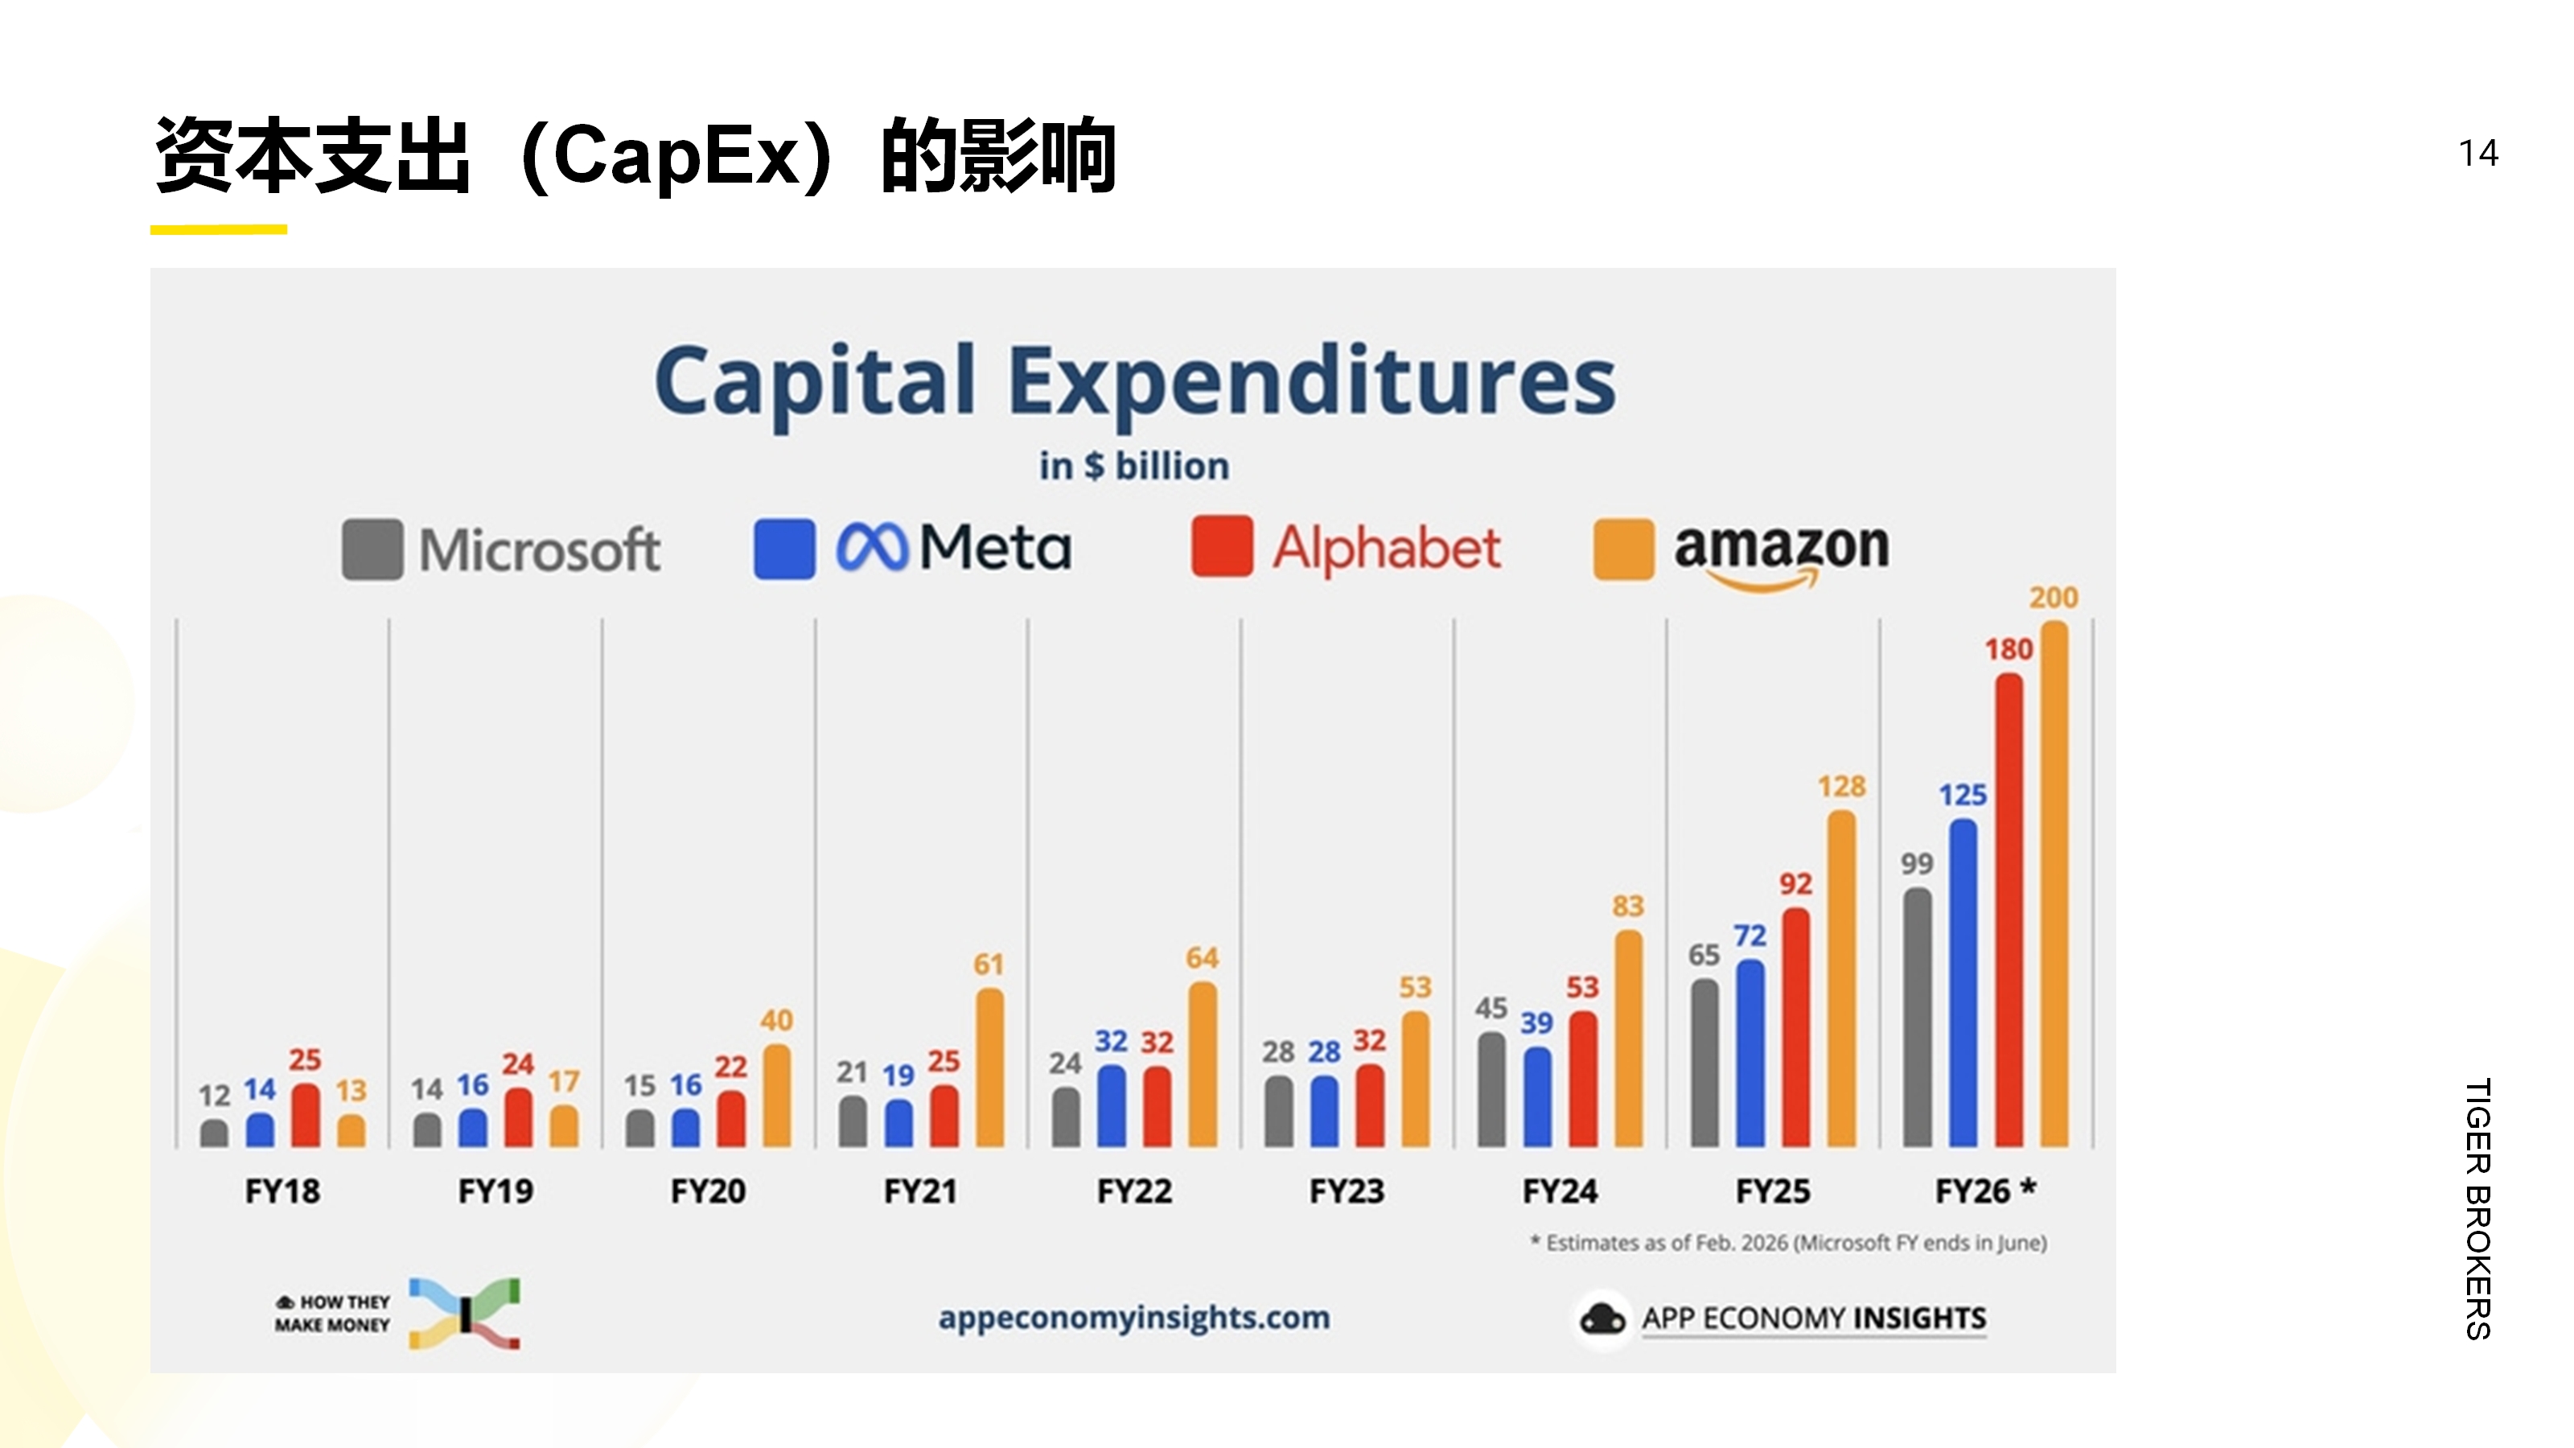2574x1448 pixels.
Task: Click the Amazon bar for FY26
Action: [2054, 884]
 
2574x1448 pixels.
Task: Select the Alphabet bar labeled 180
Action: [2009, 909]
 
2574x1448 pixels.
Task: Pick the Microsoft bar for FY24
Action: [1491, 1089]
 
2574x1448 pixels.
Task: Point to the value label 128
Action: [1840, 787]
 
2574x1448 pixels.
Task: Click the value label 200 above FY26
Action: [2054, 598]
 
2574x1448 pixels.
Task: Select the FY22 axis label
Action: [1134, 1191]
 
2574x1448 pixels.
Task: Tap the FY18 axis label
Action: [283, 1191]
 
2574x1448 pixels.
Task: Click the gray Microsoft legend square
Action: [372, 549]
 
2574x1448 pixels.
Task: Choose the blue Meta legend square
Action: [784, 549]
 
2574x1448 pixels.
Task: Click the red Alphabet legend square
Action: [1221, 547]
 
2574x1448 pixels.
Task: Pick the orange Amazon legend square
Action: [1622, 549]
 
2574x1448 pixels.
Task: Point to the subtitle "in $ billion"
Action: [1134, 466]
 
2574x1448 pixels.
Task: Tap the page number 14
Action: [2478, 154]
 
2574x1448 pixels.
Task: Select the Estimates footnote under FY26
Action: [1789, 1243]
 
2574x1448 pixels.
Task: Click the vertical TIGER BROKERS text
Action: [2478, 1208]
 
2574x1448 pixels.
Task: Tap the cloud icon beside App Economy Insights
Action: [1602, 1319]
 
